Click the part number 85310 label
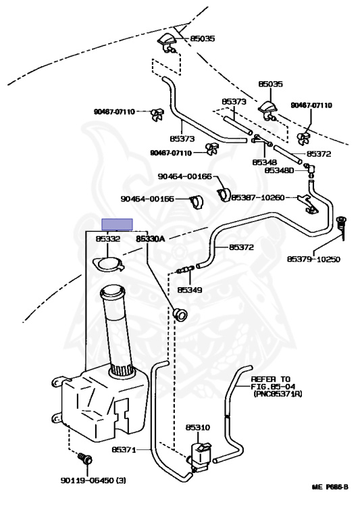[197, 427]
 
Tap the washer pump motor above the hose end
[200, 455]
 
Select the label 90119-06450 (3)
[93, 480]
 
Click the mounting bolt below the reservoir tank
[85, 458]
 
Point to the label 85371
[124, 449]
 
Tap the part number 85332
[108, 239]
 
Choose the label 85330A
[150, 239]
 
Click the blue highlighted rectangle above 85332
[117, 224]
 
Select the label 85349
[190, 290]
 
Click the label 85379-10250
[313, 259]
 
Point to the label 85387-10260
[258, 197]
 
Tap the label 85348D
[279, 170]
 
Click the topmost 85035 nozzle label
[202, 39]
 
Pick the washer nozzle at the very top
[168, 43]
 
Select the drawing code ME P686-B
[330, 487]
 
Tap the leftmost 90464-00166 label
[147, 199]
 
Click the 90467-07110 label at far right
[311, 105]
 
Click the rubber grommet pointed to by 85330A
[180, 314]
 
